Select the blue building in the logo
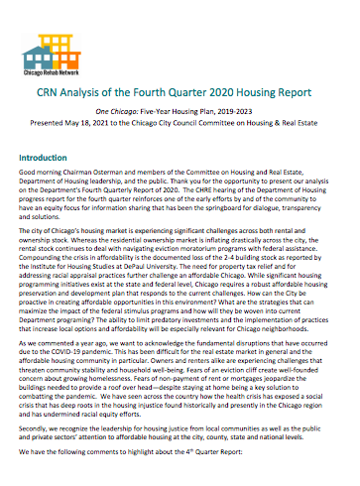coord(66,35)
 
